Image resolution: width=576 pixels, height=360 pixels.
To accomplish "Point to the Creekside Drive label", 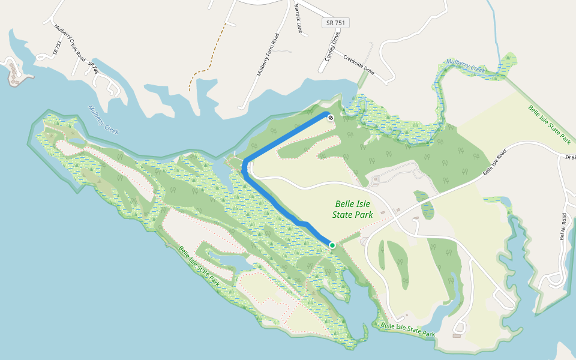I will [359, 65].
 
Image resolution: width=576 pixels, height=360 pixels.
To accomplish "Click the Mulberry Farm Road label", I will [268, 54].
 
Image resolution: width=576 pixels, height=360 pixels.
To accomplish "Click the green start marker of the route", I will [332, 245].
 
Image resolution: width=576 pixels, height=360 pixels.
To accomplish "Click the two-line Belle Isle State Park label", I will [353, 209].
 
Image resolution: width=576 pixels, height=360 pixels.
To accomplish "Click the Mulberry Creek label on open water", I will [104, 120].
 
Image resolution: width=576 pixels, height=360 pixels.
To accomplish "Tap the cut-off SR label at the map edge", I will [569, 157].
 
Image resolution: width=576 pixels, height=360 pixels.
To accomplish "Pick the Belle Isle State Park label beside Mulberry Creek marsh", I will [548, 125].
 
